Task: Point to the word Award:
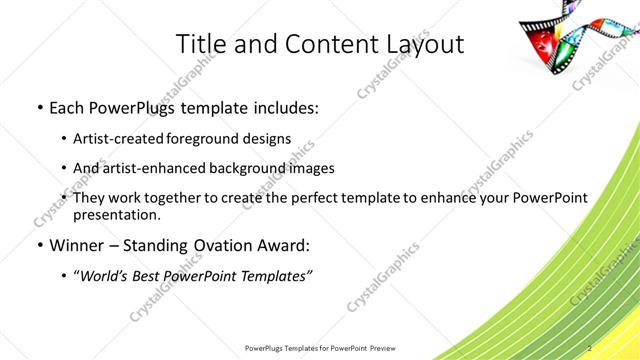285,245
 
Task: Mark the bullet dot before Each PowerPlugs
38,106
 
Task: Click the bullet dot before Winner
38,245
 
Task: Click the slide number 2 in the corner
590,348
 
